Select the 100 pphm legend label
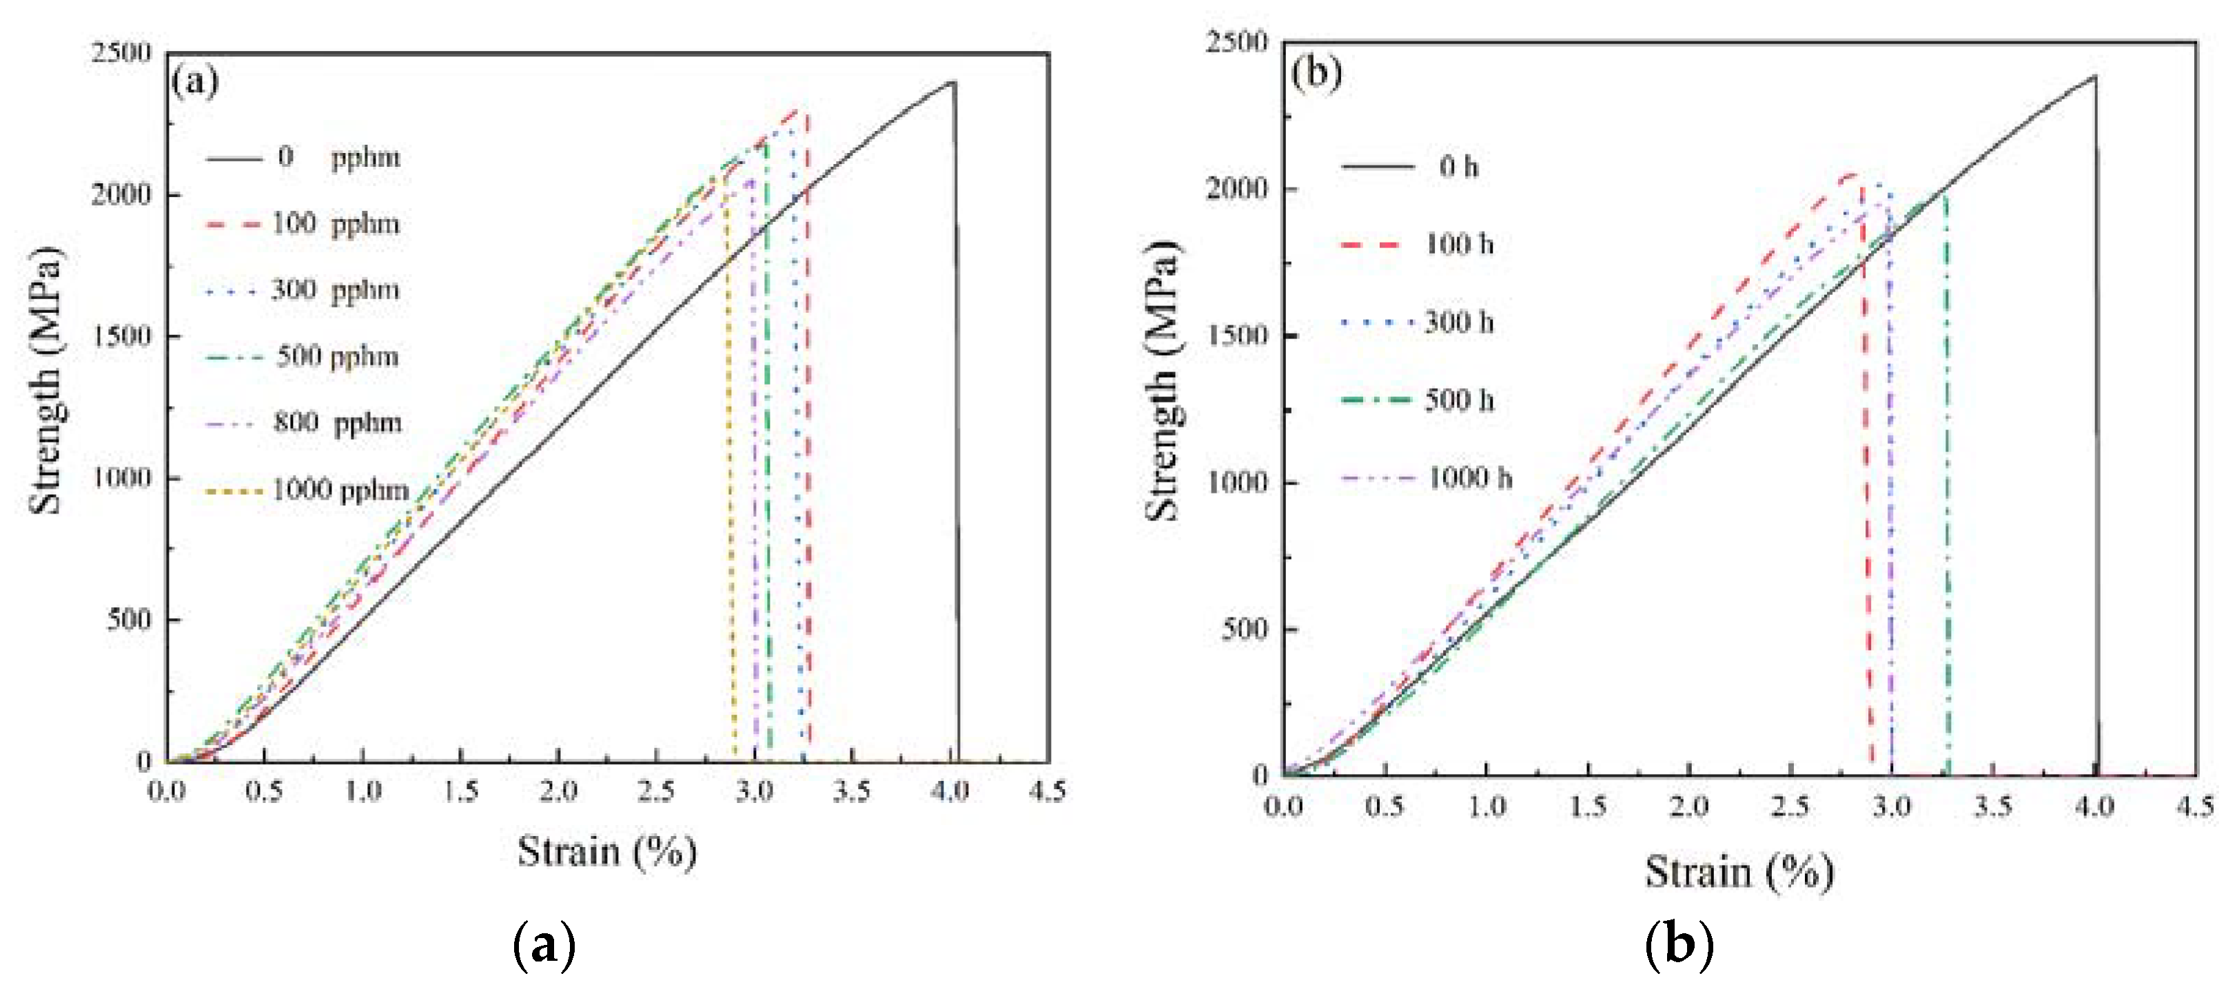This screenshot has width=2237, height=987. (x=335, y=224)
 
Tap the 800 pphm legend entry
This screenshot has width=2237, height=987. (x=338, y=424)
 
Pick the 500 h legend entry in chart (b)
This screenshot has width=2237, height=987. (x=1459, y=400)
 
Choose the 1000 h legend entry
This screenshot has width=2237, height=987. (x=1469, y=478)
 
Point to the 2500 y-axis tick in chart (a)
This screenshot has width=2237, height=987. (x=121, y=53)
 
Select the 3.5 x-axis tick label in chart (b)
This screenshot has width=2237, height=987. (x=1993, y=807)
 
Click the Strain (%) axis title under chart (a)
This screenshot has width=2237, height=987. (x=607, y=851)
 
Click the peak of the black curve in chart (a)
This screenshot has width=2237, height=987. (x=952, y=83)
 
